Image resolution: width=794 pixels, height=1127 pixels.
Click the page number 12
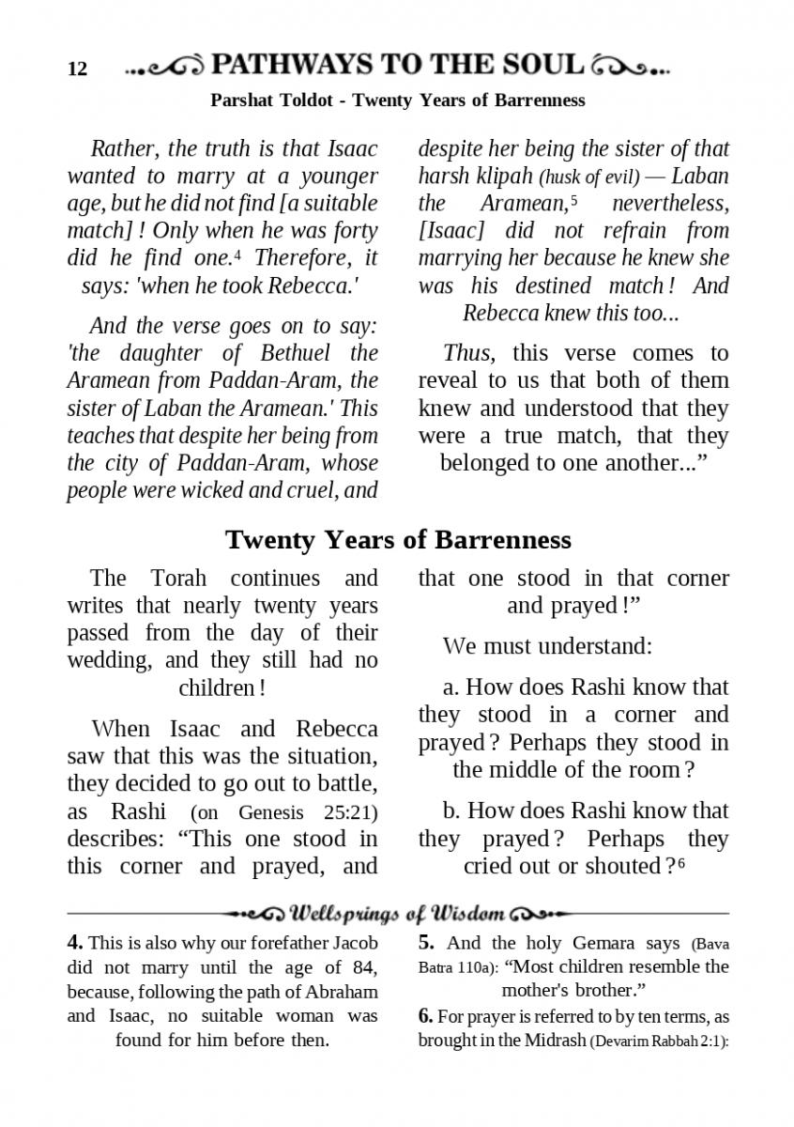point(77,69)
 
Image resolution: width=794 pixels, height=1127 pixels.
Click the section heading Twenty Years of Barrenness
point(398,540)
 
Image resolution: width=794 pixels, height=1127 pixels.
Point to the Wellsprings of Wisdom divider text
point(398,913)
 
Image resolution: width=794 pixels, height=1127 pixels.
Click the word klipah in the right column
point(505,177)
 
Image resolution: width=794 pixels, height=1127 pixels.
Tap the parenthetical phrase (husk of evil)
point(588,178)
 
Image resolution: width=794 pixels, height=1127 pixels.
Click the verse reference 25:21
point(353,812)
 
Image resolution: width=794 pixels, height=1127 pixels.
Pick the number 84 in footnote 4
point(362,966)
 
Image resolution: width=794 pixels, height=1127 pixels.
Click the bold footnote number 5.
point(425,943)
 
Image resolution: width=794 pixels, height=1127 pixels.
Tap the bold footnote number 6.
point(425,1015)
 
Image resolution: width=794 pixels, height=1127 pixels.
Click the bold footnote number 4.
point(75,943)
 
